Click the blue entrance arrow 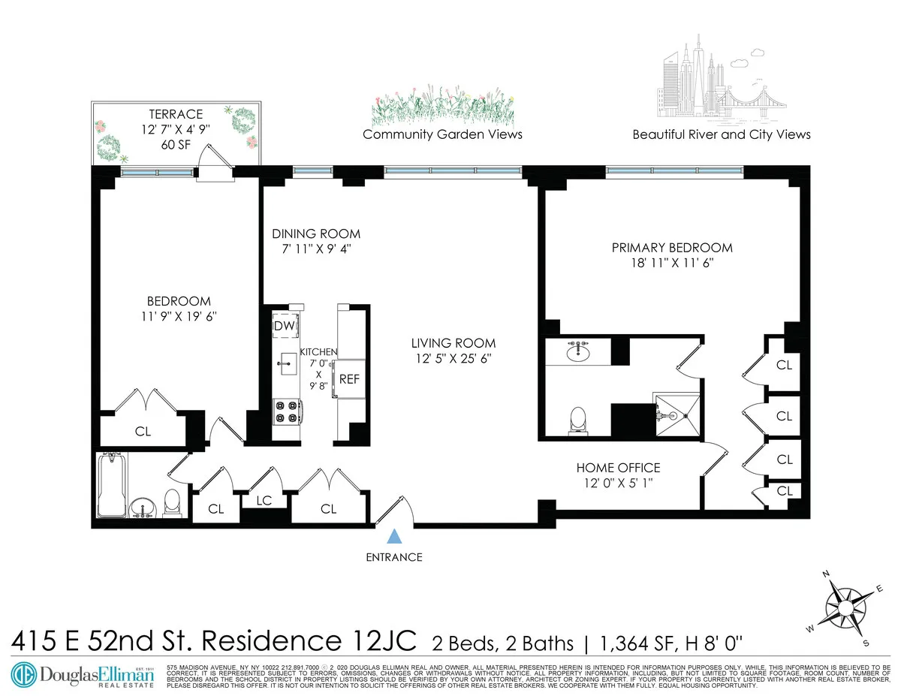tap(393, 536)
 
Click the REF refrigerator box tap(349, 379)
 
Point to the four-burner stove tap(287, 411)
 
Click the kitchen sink tap(288, 366)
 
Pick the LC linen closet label tap(264, 501)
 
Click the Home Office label tap(618, 468)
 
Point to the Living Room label tap(453, 343)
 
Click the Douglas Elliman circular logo tap(23, 673)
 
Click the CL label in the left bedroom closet tap(143, 431)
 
